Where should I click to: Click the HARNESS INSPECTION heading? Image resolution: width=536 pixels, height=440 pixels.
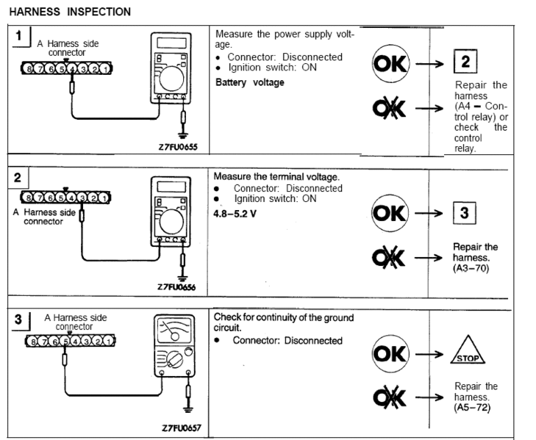pyautogui.click(x=70, y=12)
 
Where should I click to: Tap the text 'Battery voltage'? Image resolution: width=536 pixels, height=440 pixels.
pyautogui.click(x=250, y=82)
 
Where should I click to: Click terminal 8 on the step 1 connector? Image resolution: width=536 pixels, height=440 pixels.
pyautogui.click(x=28, y=69)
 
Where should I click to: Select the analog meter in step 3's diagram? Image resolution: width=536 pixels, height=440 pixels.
pyautogui.click(x=174, y=345)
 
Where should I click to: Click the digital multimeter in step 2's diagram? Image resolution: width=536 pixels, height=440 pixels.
pyautogui.click(x=170, y=209)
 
